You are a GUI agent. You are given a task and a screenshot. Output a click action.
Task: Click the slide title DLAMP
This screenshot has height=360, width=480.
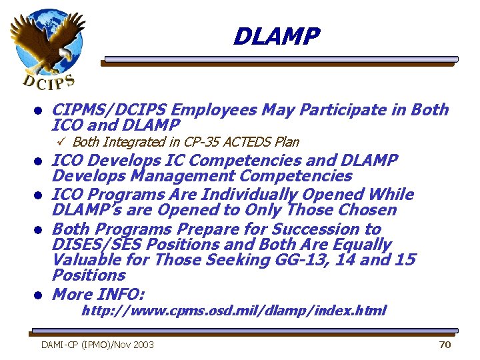coord(277,36)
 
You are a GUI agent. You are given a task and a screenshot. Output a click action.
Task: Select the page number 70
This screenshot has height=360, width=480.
coord(445,345)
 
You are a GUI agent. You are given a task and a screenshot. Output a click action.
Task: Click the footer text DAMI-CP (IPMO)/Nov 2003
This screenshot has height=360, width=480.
coord(97,345)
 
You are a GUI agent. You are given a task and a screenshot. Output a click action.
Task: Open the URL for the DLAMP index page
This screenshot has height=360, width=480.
coord(233,311)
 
